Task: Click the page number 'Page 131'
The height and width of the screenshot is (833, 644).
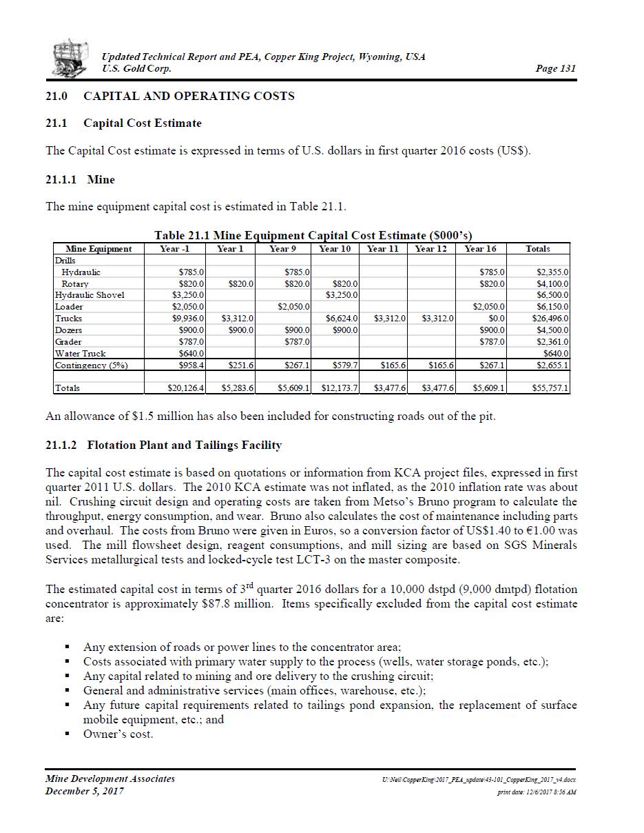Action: [555, 68]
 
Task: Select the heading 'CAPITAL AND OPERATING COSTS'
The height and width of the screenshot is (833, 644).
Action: [189, 96]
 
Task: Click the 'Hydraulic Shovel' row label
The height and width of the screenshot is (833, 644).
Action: [90, 295]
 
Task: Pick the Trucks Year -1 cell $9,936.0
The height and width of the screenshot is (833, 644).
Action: [187, 319]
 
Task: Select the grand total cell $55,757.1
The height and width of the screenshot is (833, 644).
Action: [550, 388]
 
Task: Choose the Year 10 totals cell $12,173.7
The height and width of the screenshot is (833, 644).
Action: [339, 388]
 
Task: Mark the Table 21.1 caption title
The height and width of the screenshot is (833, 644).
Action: [313, 235]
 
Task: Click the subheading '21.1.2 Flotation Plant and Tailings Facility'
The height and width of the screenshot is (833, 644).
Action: [163, 445]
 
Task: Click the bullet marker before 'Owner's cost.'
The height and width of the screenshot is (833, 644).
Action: [67, 734]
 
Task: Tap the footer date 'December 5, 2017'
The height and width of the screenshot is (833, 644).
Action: [85, 791]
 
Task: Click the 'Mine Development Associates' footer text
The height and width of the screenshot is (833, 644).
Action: [110, 779]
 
